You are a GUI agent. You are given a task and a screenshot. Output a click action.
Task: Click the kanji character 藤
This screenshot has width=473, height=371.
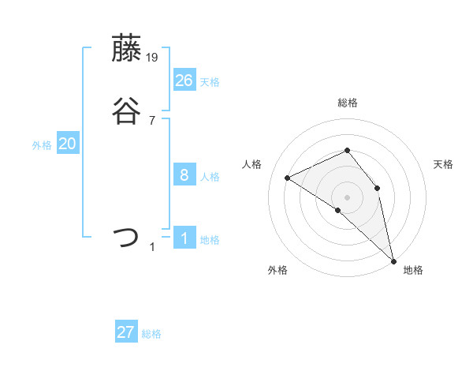[128, 49]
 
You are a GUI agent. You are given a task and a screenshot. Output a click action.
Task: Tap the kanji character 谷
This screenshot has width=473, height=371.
[128, 111]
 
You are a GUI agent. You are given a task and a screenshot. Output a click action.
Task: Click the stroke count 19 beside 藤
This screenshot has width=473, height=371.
[153, 58]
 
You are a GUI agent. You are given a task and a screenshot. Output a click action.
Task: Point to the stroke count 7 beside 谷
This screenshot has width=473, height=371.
[151, 120]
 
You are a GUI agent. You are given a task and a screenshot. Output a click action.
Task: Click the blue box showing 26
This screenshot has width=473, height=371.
[184, 80]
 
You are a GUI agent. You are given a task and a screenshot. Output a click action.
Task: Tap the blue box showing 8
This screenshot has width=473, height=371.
[184, 175]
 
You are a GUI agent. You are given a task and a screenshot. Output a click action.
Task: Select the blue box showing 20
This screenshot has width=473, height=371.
[68, 144]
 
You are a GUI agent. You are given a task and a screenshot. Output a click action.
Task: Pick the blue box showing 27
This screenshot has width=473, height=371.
[126, 332]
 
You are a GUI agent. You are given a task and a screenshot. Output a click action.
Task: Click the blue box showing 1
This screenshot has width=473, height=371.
[184, 238]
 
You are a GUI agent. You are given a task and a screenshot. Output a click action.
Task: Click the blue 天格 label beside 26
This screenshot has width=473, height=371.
[210, 81]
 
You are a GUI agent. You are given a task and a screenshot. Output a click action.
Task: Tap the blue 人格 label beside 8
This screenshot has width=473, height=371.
[210, 177]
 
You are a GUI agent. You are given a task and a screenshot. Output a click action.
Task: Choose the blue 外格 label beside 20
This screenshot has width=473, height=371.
[42, 145]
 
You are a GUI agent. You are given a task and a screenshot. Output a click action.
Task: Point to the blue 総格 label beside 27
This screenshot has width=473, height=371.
[151, 334]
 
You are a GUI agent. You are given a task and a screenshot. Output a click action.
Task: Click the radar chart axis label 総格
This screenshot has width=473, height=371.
[348, 103]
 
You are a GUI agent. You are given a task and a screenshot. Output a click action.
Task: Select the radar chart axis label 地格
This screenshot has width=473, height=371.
[413, 270]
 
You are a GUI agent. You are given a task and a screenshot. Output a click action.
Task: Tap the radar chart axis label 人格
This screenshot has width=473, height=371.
[252, 164]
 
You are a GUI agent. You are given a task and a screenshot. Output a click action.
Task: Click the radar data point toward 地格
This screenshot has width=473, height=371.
[393, 260]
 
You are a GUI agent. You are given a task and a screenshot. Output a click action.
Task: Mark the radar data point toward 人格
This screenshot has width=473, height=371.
[288, 178]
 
